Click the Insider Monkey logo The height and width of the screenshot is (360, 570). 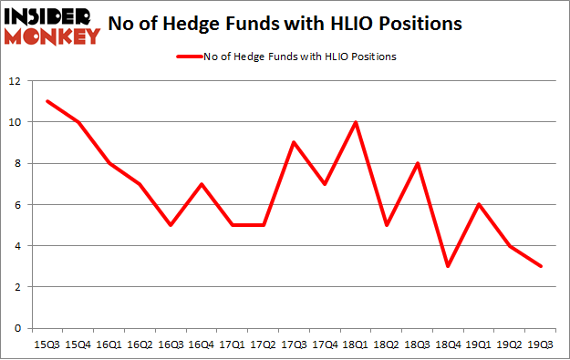51,25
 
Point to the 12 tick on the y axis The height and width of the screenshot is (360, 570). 15,81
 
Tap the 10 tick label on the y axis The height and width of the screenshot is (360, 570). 15,122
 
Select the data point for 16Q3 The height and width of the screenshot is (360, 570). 171,225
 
